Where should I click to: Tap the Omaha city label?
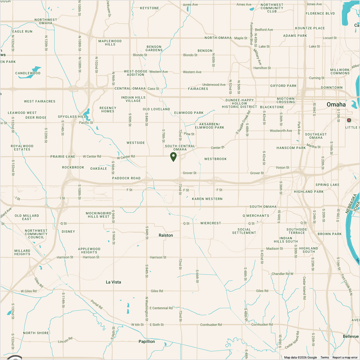(336, 104)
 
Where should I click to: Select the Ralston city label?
(166, 235)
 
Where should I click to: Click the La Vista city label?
(113, 282)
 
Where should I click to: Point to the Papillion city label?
(147, 341)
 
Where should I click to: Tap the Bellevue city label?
(351, 337)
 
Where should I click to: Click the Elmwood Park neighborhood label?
(189, 113)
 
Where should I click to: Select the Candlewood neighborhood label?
(28, 73)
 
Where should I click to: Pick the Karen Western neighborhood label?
(207, 199)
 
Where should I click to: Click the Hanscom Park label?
(291, 148)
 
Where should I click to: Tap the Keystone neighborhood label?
(149, 8)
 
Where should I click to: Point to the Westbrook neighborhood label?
(215, 159)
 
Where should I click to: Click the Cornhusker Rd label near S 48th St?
(262, 325)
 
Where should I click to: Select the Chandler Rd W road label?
(282, 274)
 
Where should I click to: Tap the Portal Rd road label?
(97, 305)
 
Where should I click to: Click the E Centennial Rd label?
(161, 308)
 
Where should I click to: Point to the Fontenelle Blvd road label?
(251, 34)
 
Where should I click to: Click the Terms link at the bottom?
(325, 357)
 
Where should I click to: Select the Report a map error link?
(345, 357)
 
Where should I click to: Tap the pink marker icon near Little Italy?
(349, 120)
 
